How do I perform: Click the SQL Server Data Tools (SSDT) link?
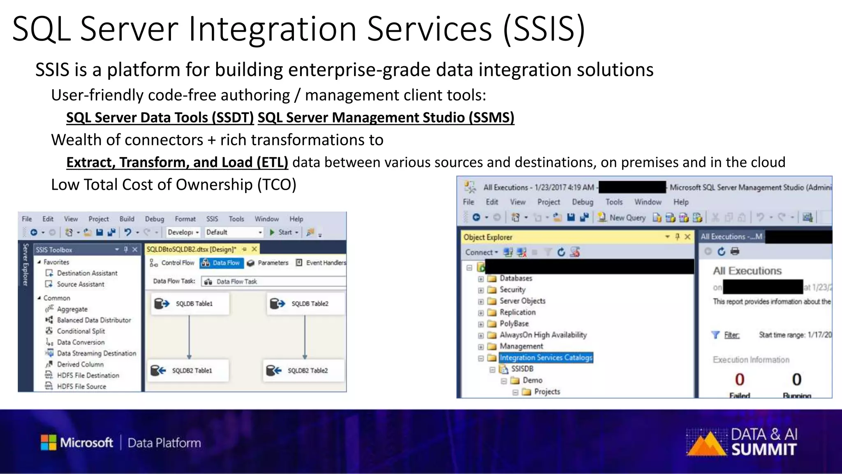click(x=160, y=118)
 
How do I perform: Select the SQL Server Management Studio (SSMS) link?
click(x=386, y=118)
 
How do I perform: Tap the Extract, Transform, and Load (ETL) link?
click(x=177, y=163)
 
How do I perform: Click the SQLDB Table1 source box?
click(x=189, y=304)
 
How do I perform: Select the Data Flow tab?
click(x=222, y=263)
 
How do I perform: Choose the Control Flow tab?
click(x=172, y=263)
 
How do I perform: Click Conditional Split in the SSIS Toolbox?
click(x=81, y=331)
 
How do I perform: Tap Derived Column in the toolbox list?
click(x=80, y=365)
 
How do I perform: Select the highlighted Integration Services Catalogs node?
click(x=546, y=358)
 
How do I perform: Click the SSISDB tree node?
click(x=522, y=369)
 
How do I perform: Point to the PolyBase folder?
click(x=514, y=324)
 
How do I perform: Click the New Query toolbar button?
click(x=622, y=218)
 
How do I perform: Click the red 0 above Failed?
click(x=740, y=379)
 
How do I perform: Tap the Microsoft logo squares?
click(x=49, y=443)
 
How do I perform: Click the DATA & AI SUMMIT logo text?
click(x=764, y=442)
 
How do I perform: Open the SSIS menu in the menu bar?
click(x=212, y=219)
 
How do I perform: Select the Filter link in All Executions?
click(x=731, y=335)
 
